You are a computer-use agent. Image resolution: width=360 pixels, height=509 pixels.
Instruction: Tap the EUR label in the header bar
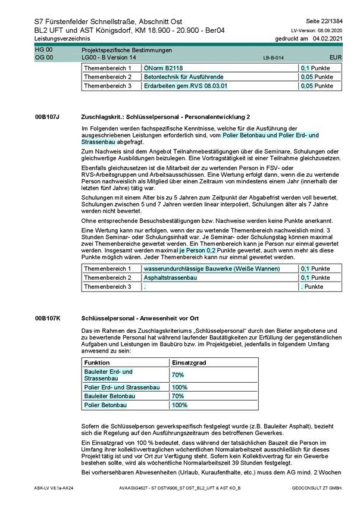335,57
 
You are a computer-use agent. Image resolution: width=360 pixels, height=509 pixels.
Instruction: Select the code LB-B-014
274,58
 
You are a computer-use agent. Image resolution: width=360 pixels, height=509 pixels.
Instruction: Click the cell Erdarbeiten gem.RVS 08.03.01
186,86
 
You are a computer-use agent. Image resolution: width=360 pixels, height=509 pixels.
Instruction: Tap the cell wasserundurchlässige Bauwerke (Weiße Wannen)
211,269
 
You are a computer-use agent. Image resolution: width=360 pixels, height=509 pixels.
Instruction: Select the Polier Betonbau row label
105,405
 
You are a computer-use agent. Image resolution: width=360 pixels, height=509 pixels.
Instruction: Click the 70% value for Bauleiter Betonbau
177,396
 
